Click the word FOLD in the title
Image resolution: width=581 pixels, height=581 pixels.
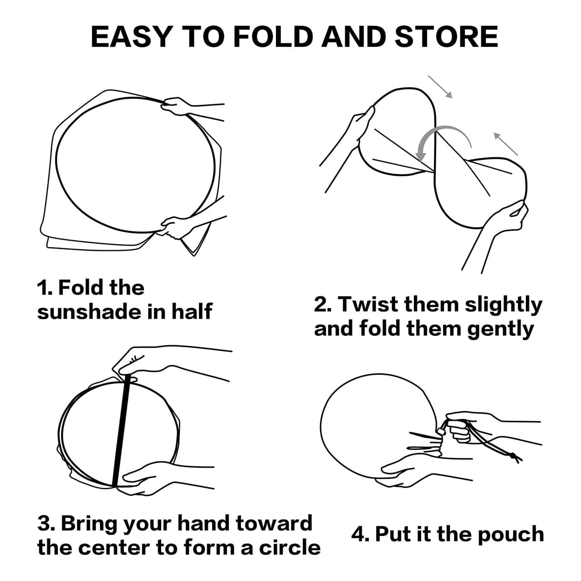[x=272, y=37]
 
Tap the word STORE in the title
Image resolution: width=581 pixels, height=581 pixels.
[x=446, y=37]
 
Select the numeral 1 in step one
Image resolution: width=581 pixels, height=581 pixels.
[x=41, y=288]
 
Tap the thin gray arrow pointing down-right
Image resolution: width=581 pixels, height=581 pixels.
[x=440, y=87]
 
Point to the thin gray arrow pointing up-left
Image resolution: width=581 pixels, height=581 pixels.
[x=505, y=144]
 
